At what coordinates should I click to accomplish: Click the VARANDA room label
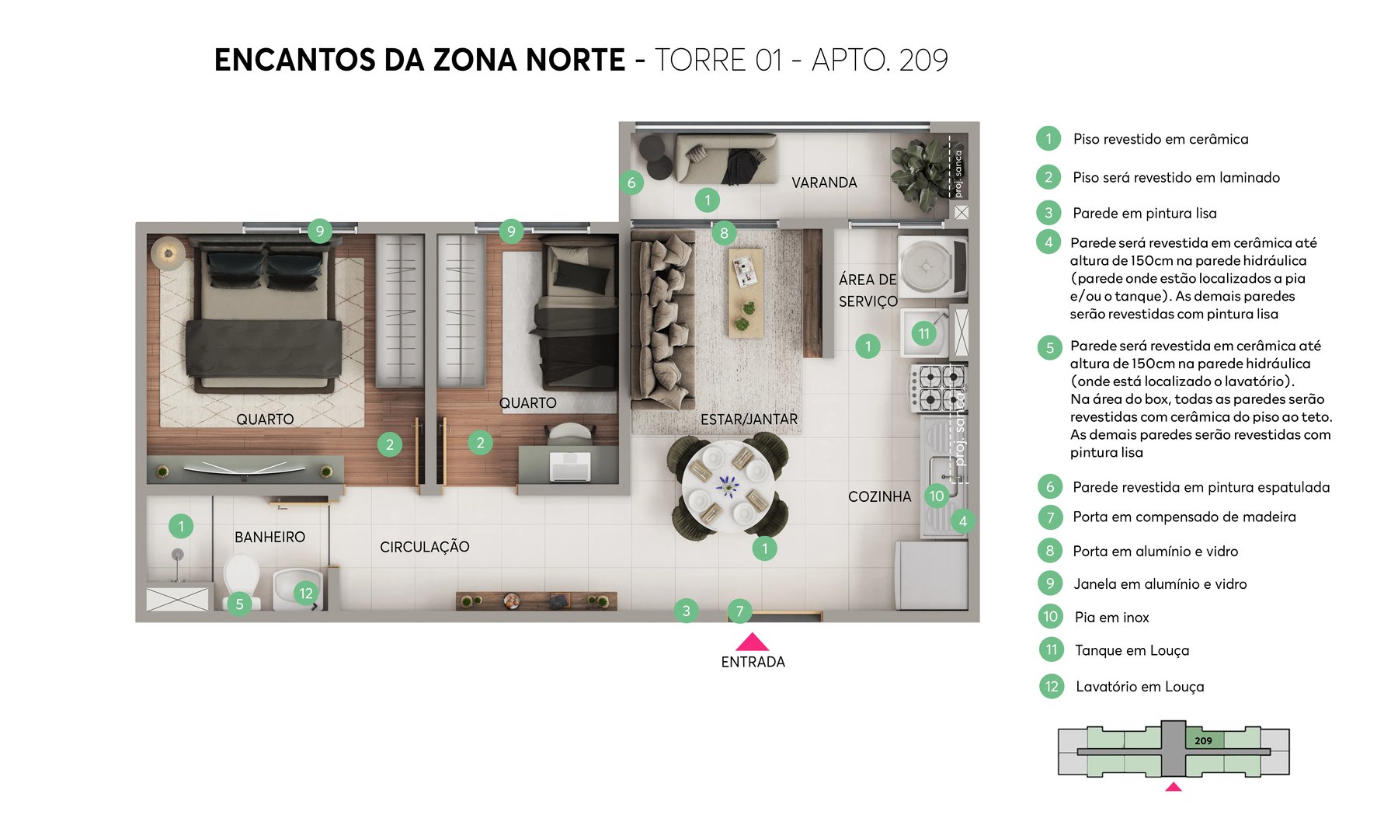(x=824, y=183)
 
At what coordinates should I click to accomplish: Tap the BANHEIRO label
(x=270, y=537)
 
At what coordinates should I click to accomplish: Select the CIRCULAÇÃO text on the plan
(x=424, y=547)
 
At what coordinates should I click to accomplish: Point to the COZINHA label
(x=879, y=496)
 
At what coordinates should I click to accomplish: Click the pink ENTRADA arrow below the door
(x=752, y=642)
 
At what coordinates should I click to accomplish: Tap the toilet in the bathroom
(x=242, y=576)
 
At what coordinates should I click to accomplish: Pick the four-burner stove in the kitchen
(x=939, y=388)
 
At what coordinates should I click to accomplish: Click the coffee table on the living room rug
(x=745, y=292)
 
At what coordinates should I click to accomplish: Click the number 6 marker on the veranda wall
(x=631, y=183)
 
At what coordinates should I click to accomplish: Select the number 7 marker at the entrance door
(x=739, y=612)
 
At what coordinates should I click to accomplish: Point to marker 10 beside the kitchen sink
(x=937, y=496)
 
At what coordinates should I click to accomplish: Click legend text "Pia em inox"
(x=1111, y=618)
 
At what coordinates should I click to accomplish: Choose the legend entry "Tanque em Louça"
(x=1132, y=650)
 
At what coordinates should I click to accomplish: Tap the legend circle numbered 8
(x=1049, y=551)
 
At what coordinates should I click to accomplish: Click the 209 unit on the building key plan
(x=1204, y=740)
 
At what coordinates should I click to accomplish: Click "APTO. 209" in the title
(x=879, y=61)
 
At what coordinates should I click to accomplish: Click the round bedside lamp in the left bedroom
(x=168, y=253)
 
